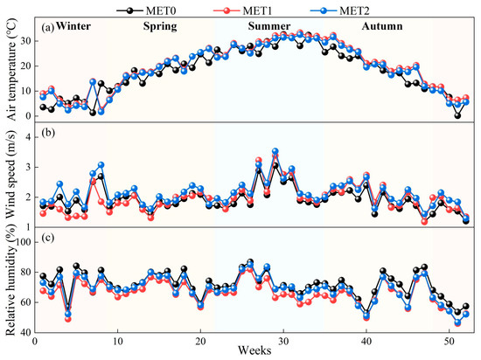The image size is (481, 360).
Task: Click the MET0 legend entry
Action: (146, 10)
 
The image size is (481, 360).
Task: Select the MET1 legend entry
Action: (242, 10)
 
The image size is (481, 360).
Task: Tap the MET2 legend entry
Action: (340, 10)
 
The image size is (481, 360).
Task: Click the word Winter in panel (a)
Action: (73, 26)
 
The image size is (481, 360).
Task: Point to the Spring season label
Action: (160, 27)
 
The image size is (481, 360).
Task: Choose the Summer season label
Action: (269, 26)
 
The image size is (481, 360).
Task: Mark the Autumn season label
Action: (382, 26)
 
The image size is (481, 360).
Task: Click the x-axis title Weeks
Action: (254, 350)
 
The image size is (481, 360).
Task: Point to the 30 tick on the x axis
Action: (283, 341)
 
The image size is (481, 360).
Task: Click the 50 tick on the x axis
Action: (450, 341)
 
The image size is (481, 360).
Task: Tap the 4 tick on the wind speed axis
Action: (29, 137)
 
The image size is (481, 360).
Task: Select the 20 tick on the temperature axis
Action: (27, 66)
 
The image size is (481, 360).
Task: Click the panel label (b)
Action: (47, 134)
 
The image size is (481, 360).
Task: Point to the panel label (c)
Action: (47, 239)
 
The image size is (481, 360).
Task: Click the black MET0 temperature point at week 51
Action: (457, 116)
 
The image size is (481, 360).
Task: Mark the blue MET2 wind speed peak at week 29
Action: (275, 151)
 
